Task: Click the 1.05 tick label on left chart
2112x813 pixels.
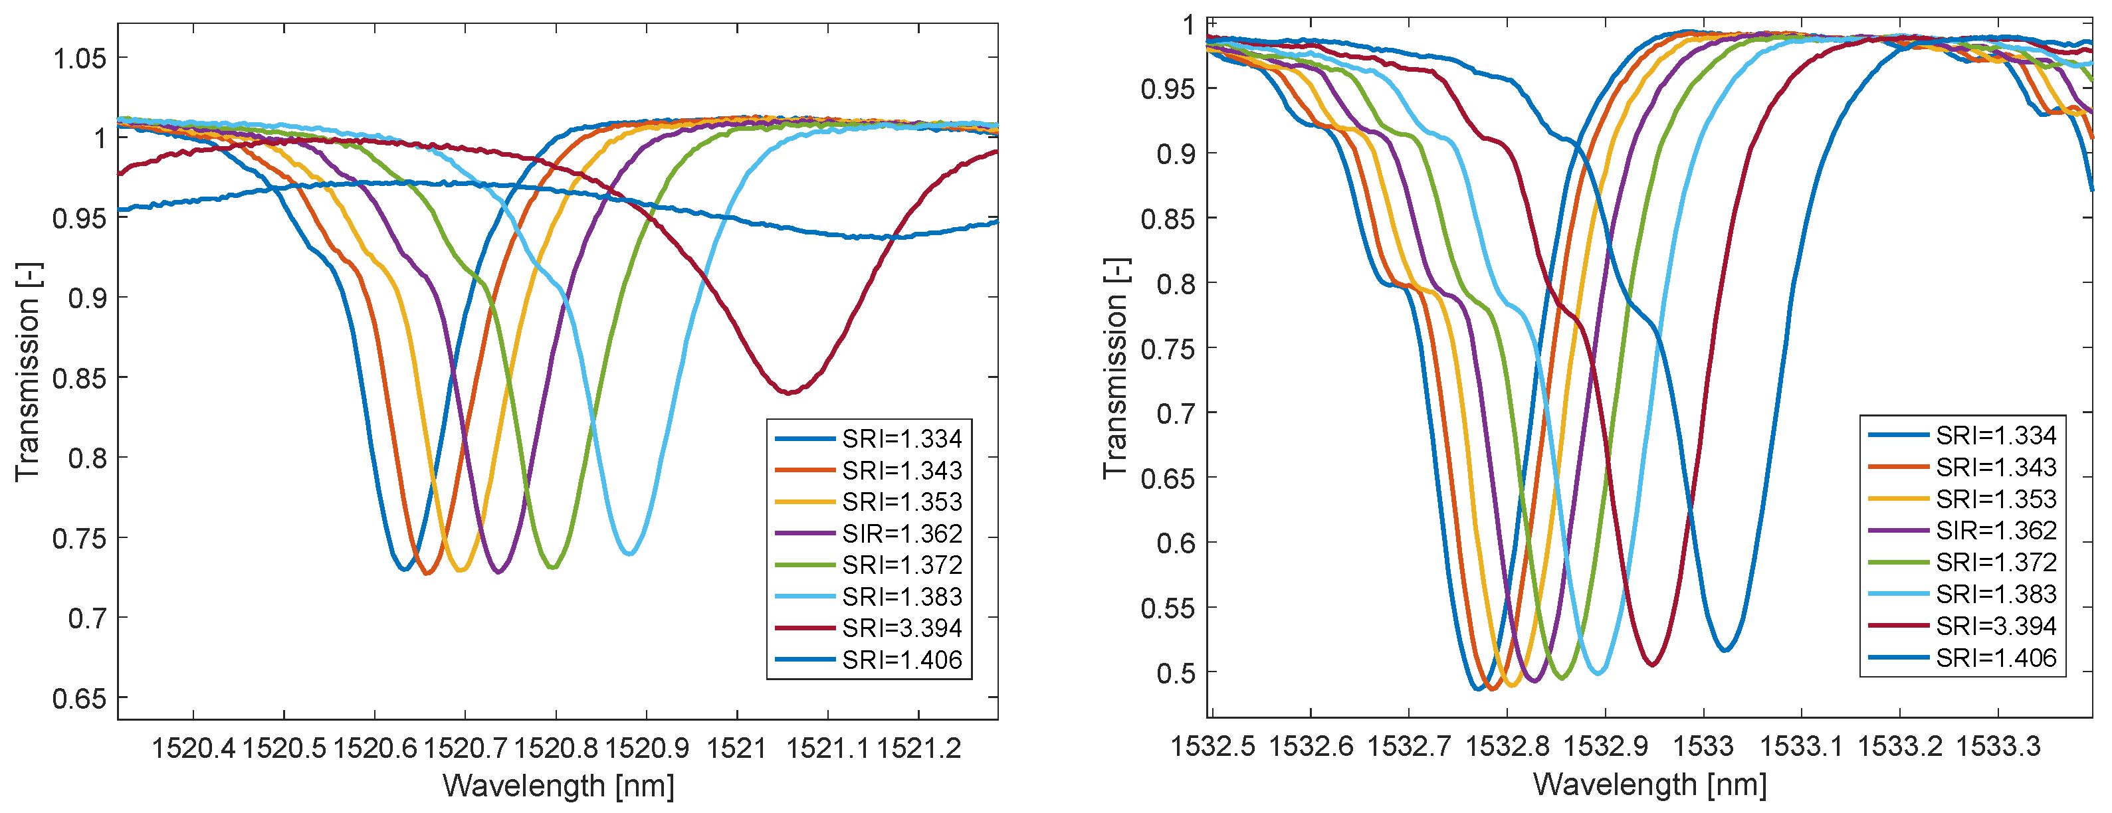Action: [x=80, y=58]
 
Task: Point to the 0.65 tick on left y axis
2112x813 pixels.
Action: [x=80, y=699]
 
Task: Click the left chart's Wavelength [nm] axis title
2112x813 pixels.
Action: [x=558, y=786]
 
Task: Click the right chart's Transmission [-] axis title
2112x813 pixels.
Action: [x=1116, y=369]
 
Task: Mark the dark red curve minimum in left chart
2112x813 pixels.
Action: [x=789, y=393]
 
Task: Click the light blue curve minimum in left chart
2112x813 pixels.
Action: [x=629, y=554]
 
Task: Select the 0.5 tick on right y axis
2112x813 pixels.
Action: [x=1176, y=674]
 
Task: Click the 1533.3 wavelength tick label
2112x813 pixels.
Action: [x=1998, y=747]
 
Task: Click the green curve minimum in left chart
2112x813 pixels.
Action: [x=553, y=567]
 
